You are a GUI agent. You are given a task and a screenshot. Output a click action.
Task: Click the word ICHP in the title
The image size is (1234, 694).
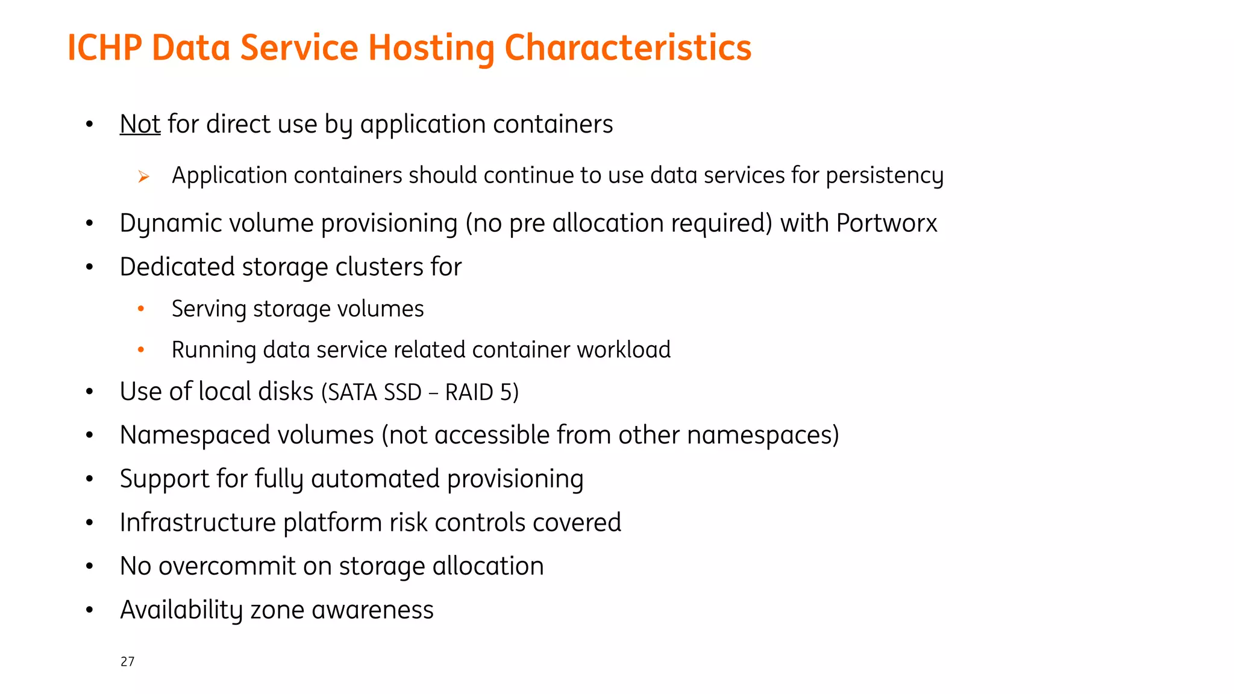tap(104, 48)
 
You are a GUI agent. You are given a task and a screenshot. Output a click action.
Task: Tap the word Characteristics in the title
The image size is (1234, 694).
tap(628, 48)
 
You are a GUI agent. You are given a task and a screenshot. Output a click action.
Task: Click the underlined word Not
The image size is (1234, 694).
tap(140, 124)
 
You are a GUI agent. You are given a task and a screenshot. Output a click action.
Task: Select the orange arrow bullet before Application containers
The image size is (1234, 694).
tap(143, 177)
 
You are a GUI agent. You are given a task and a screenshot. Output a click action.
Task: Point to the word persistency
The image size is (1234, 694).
tap(885, 176)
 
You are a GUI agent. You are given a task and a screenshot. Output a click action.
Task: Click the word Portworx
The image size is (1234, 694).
tap(886, 223)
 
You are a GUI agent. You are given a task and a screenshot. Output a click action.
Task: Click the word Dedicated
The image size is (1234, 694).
tap(177, 267)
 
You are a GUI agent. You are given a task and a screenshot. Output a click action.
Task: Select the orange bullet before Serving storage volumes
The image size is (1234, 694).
tap(141, 309)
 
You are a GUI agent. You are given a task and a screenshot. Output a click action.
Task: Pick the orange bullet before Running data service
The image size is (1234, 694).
tap(141, 349)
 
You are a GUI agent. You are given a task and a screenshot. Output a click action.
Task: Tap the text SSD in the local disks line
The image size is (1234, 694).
tap(402, 392)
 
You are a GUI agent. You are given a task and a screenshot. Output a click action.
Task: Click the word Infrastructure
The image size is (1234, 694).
tap(197, 522)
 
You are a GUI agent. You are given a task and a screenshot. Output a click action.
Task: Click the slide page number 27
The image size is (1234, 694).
tap(127, 661)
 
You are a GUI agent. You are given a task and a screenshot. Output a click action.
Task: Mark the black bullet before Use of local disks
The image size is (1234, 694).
tap(89, 392)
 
